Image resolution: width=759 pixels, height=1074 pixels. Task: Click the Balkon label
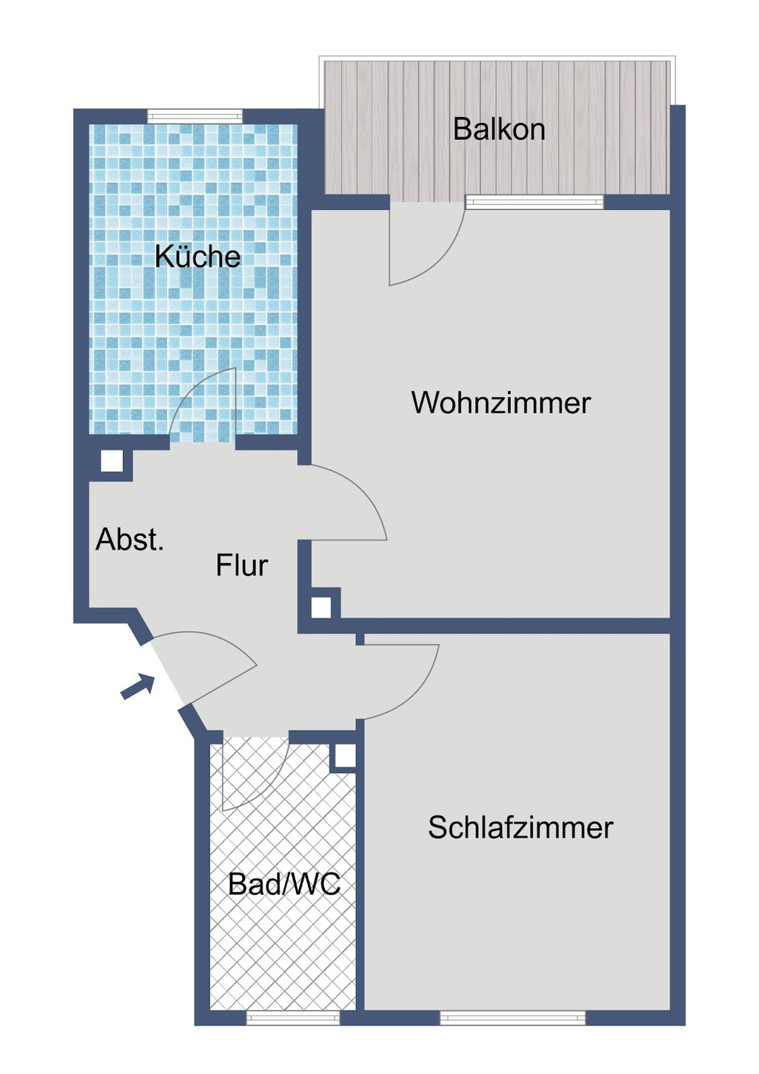pyautogui.click(x=499, y=130)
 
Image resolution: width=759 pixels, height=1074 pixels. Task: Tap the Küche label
pyautogui.click(x=197, y=257)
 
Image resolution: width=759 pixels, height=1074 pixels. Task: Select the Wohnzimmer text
pyautogui.click(x=501, y=402)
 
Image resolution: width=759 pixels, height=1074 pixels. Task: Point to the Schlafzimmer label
pyautogui.click(x=520, y=827)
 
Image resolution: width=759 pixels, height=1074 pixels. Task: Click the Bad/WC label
pyautogui.click(x=284, y=884)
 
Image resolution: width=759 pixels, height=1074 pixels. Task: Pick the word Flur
pyautogui.click(x=241, y=565)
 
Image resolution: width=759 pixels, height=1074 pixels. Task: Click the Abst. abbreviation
pyautogui.click(x=130, y=540)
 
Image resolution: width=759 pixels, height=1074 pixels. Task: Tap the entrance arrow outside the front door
pyautogui.click(x=138, y=685)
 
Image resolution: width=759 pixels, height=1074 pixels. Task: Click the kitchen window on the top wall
pyautogui.click(x=194, y=117)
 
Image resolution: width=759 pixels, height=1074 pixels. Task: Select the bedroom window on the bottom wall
pyautogui.click(x=512, y=1018)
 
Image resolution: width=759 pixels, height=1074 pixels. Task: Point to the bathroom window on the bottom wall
pyautogui.click(x=293, y=1018)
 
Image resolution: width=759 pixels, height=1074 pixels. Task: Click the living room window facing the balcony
pyautogui.click(x=534, y=202)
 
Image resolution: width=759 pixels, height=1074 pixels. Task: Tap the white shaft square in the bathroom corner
pyautogui.click(x=345, y=756)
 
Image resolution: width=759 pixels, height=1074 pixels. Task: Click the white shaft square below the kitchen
pyautogui.click(x=112, y=461)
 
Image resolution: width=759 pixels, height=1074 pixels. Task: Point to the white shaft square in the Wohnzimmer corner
pyautogui.click(x=321, y=607)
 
